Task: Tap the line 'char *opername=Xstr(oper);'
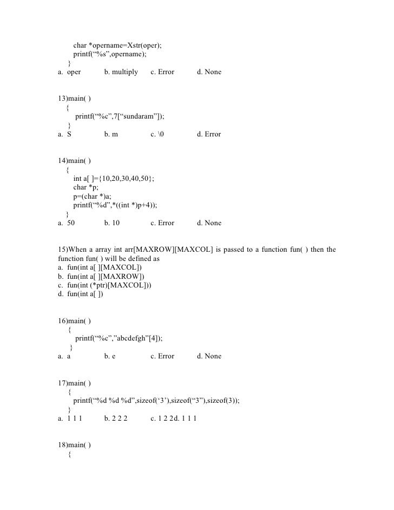click(117, 45)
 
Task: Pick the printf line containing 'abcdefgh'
click(119, 338)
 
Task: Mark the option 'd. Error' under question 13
click(209, 134)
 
